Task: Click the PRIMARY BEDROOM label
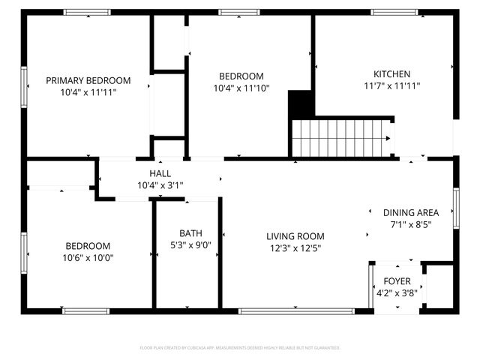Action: pyautogui.click(x=88, y=80)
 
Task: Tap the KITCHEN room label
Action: pyautogui.click(x=391, y=74)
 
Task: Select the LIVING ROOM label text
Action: pyautogui.click(x=295, y=236)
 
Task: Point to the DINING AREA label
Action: pyautogui.click(x=411, y=212)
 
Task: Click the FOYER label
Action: pyautogui.click(x=397, y=281)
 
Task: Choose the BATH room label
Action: pyautogui.click(x=190, y=232)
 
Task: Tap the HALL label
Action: pyautogui.click(x=160, y=173)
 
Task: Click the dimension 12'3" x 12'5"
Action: pyautogui.click(x=295, y=248)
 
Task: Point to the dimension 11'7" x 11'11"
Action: pyautogui.click(x=391, y=86)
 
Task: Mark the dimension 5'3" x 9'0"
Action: pyautogui.click(x=190, y=244)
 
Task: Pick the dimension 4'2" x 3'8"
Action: pyautogui.click(x=397, y=293)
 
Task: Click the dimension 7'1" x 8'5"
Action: pyautogui.click(x=411, y=224)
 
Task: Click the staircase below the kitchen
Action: pyautogui.click(x=341, y=138)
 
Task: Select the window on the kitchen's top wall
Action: pyautogui.click(x=395, y=12)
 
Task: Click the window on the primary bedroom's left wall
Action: pyautogui.click(x=24, y=86)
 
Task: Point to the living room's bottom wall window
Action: pyautogui.click(x=295, y=310)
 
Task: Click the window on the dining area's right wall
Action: pyautogui.click(x=456, y=208)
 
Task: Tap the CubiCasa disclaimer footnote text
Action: pyautogui.click(x=240, y=348)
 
